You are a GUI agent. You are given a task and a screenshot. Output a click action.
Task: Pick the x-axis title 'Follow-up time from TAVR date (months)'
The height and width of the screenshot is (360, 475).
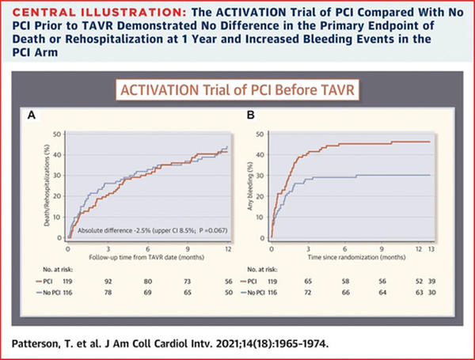coord(142,257)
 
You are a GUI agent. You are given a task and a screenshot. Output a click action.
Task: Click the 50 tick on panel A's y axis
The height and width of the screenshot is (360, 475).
coord(57,135)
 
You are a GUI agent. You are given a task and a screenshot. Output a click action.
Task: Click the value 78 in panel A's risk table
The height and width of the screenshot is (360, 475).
coord(111,293)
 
